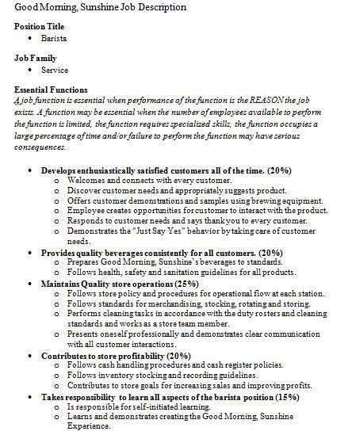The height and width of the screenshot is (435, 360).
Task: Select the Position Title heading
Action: pyautogui.click(x=41, y=26)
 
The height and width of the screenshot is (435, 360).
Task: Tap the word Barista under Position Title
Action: pyautogui.click(x=54, y=37)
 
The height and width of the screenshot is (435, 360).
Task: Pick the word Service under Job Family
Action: pyautogui.click(x=54, y=70)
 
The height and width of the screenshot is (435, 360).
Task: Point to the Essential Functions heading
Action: pyautogui.click(x=52, y=90)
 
